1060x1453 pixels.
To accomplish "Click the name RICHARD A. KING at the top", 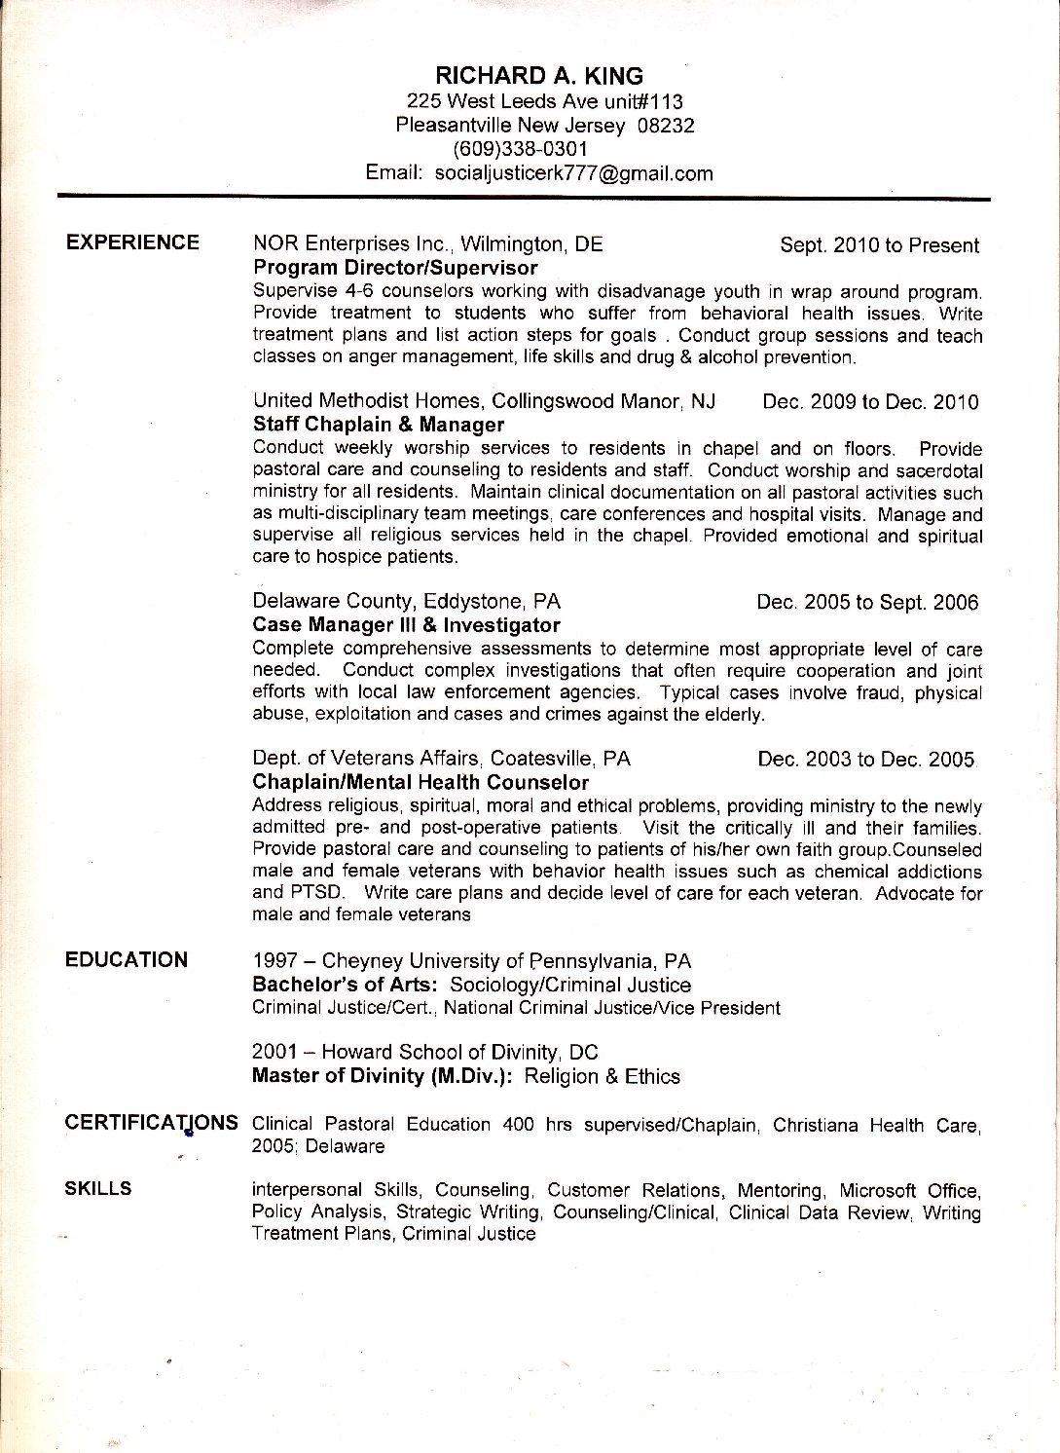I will pyautogui.click(x=538, y=76).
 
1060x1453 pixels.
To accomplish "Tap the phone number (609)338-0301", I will pyautogui.click(x=521, y=149).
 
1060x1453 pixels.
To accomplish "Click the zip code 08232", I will pyautogui.click(x=666, y=125).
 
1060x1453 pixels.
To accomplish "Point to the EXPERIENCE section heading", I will pyautogui.click(x=132, y=242).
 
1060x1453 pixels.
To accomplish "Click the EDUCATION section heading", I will pyautogui.click(x=127, y=959).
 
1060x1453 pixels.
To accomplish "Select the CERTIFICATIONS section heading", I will pyautogui.click(x=151, y=1122).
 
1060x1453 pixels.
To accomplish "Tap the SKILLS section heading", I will pyautogui.click(x=99, y=1188).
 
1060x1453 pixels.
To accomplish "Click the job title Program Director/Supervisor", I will pyautogui.click(x=395, y=268).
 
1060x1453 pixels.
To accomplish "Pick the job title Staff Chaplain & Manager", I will pyautogui.click(x=379, y=425).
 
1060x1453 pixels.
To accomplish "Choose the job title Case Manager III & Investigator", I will pyautogui.click(x=406, y=624).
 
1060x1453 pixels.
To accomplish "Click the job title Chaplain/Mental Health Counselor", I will pyautogui.click(x=420, y=782).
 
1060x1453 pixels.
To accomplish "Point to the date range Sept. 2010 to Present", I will pyautogui.click(x=879, y=245).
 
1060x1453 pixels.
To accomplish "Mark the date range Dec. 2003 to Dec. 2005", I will pyautogui.click(x=865, y=760).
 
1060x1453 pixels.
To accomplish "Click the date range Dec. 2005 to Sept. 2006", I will pyautogui.click(x=867, y=602).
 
